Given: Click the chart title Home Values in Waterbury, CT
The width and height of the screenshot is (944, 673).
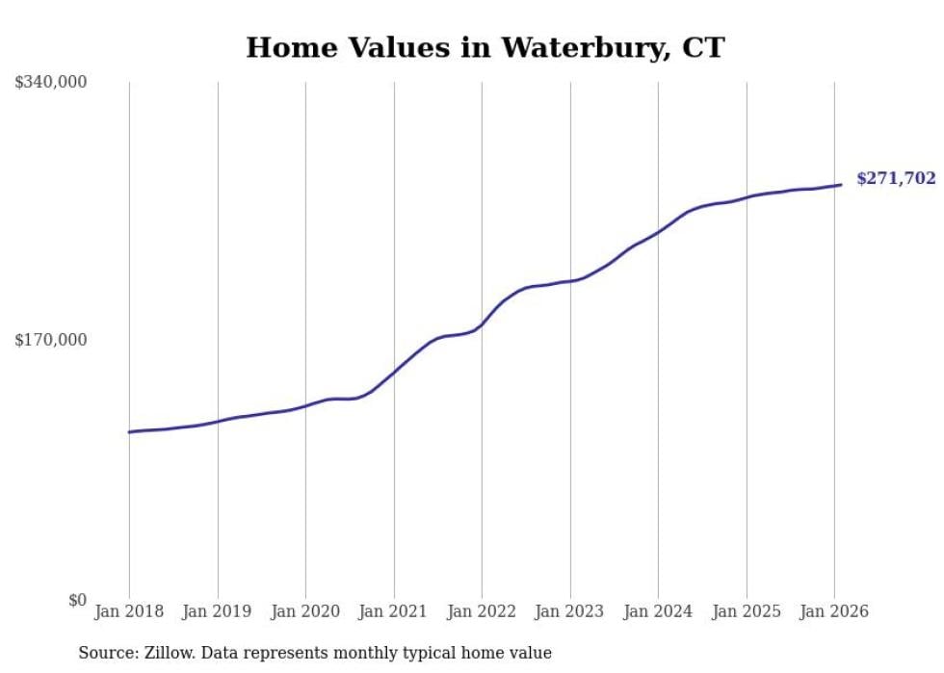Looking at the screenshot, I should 485,47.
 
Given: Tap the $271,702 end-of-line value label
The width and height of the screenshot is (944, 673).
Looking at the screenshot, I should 896,178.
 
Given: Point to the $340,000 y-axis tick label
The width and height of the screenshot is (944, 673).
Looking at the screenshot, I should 51,83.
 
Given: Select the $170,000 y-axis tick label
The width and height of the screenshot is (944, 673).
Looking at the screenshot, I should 51,340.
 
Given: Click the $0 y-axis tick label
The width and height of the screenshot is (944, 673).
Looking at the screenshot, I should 77,600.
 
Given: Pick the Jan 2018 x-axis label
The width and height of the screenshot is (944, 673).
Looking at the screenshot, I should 129,611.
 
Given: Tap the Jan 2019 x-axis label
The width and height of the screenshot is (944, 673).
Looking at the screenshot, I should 218,611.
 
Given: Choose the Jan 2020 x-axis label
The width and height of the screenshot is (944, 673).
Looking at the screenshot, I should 305,611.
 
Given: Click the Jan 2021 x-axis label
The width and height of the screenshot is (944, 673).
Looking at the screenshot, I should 394,611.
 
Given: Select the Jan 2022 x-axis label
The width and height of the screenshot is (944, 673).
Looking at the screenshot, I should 482,611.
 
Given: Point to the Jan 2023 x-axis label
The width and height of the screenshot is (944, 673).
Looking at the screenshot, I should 570,611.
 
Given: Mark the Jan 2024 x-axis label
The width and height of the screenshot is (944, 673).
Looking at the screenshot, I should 658,611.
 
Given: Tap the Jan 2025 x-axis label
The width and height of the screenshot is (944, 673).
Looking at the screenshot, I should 747,611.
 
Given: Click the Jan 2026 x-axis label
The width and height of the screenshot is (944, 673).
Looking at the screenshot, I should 834,611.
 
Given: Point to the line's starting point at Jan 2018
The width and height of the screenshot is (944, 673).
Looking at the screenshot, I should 129,432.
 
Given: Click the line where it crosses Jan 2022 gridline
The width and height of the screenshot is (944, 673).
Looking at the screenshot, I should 482,324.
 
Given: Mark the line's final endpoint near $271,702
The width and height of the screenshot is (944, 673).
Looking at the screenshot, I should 841,185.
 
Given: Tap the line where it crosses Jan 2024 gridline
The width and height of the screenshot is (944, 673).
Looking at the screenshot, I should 658,232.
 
